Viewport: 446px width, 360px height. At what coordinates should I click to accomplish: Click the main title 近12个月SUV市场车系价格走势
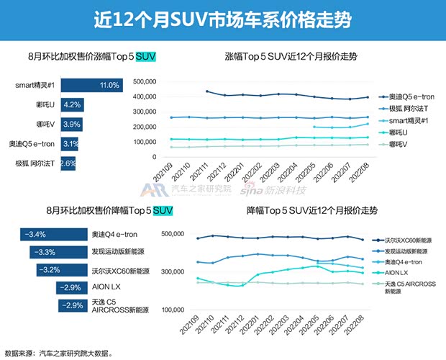point(222,19)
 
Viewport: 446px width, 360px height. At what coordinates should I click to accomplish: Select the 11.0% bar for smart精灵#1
point(92,86)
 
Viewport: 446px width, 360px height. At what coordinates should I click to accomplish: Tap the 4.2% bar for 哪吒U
point(73,105)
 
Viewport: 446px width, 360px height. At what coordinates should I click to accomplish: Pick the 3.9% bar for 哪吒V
point(72,125)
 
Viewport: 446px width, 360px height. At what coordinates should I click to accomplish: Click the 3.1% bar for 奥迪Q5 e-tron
point(70,144)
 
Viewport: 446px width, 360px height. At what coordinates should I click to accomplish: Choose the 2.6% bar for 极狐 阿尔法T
point(68,163)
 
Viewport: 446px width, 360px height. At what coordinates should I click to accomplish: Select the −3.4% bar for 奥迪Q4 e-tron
point(53,234)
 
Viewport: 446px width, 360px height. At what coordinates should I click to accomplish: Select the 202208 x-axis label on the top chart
point(365,174)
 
